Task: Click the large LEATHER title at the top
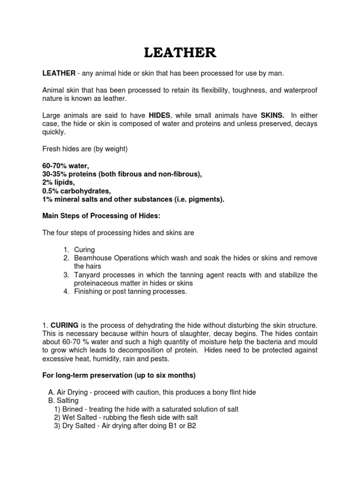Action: pyautogui.click(x=180, y=53)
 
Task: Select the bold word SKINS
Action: pyautogui.click(x=272, y=116)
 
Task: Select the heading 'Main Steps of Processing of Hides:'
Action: pyautogui.click(x=99, y=216)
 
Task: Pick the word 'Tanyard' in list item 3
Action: pyautogui.click(x=87, y=275)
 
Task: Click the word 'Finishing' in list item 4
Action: pyautogui.click(x=89, y=292)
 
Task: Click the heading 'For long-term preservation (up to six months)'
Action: pyautogui.click(x=119, y=375)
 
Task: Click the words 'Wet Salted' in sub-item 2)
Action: pyautogui.click(x=78, y=418)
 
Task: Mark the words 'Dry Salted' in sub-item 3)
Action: pyautogui.click(x=78, y=426)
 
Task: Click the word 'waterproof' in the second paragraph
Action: pyautogui.click(x=297, y=90)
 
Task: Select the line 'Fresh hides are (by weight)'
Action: pyautogui.click(x=85, y=149)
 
